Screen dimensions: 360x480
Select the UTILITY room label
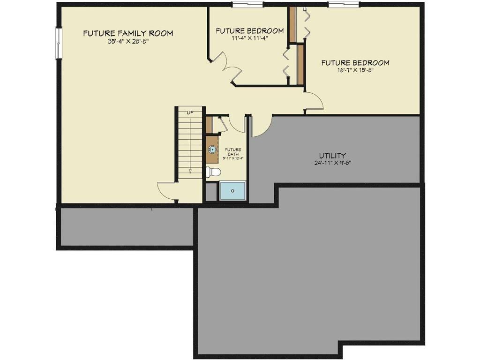coord(332,156)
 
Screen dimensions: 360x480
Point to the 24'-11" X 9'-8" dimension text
coord(332,163)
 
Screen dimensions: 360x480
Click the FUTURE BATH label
coord(233,152)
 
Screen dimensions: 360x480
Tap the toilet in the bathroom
coord(213,172)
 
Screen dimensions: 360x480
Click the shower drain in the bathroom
coord(232,191)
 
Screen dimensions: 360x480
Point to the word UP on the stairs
coord(190,113)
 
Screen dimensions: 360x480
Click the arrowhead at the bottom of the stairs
coord(190,171)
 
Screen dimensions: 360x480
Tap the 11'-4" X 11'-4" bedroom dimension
coord(249,38)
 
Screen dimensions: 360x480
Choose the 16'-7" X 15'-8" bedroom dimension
coord(355,70)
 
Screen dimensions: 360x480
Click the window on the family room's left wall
coord(59,43)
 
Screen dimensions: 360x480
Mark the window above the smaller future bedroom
coord(247,5)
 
